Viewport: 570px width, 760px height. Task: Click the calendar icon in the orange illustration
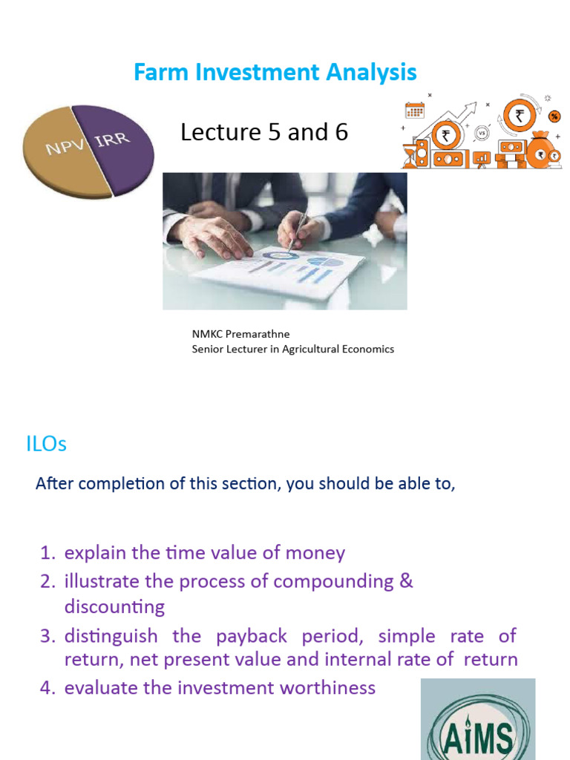pyautogui.click(x=414, y=111)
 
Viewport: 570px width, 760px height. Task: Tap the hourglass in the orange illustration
pyautogui.click(x=409, y=156)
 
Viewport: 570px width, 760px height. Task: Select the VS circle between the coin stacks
pyautogui.click(x=482, y=134)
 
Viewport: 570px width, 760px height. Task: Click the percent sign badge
pyautogui.click(x=554, y=117)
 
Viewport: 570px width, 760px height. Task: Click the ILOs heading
pyautogui.click(x=46, y=444)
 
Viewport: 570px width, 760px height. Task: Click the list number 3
pyautogui.click(x=47, y=637)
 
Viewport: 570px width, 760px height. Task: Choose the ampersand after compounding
pyautogui.click(x=405, y=580)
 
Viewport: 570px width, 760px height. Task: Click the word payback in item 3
pyautogui.click(x=250, y=636)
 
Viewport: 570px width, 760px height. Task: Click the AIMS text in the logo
pyautogui.click(x=477, y=739)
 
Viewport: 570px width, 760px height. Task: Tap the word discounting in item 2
pyautogui.click(x=114, y=607)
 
